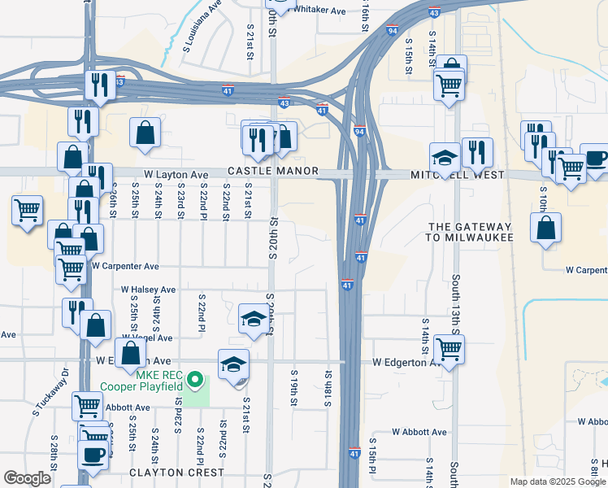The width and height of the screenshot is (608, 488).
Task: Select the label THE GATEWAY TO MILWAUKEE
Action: pyautogui.click(x=470, y=232)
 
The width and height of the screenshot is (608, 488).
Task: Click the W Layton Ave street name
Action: pyautogui.click(x=176, y=175)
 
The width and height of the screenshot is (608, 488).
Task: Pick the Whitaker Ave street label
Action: pyautogui.click(x=319, y=9)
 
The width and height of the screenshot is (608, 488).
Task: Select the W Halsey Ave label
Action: pyautogui.click(x=148, y=289)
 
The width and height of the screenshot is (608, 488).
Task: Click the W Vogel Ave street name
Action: pyautogui.click(x=147, y=338)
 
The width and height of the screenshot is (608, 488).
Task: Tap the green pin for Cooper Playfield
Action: pyautogui.click(x=195, y=379)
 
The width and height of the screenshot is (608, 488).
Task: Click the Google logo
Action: pyautogui.click(x=27, y=478)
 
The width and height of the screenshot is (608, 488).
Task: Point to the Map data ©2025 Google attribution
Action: pyautogui.click(x=557, y=481)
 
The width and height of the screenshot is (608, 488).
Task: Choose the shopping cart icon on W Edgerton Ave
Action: pyautogui.click(x=449, y=349)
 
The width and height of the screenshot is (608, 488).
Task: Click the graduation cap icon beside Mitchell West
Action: pyautogui.click(x=445, y=157)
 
